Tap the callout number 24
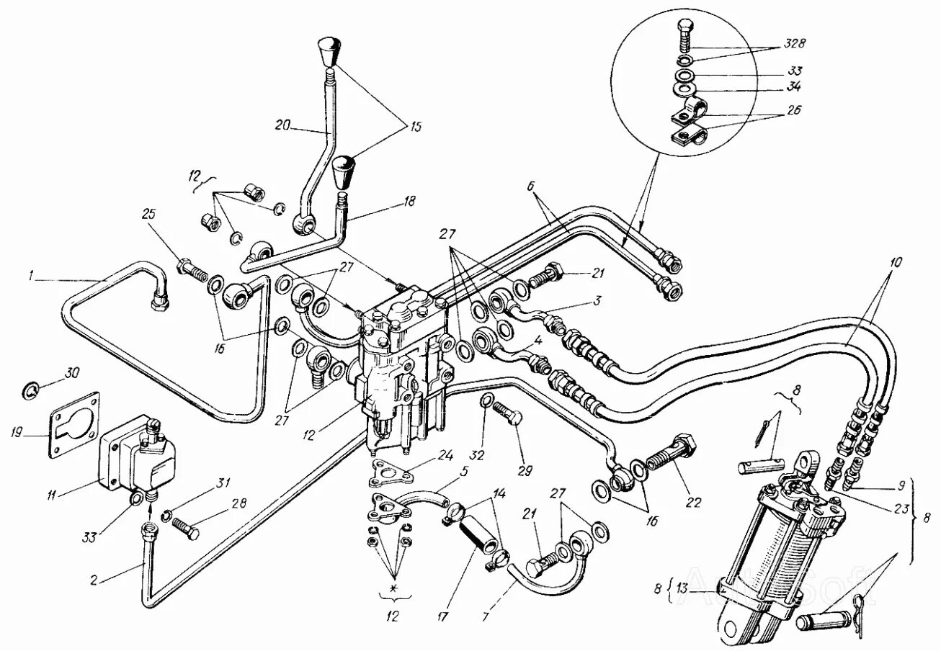(447, 455)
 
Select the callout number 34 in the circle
(795, 88)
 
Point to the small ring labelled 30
(30, 391)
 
